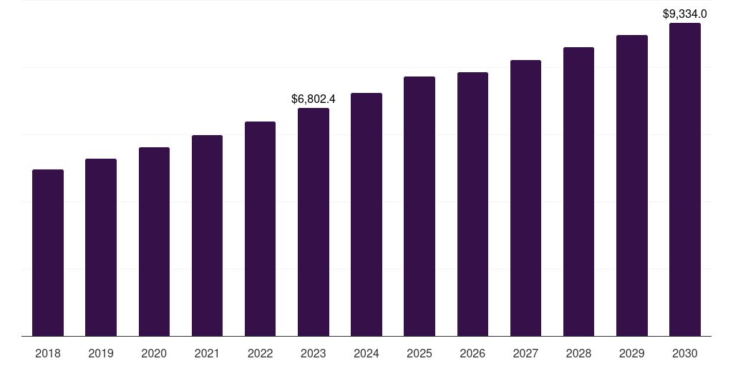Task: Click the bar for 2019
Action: [101, 247]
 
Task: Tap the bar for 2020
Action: [154, 242]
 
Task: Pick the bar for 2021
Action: [207, 235]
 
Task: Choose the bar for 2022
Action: [260, 229]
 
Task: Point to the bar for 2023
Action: [314, 222]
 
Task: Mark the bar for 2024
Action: [366, 214]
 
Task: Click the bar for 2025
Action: [419, 206]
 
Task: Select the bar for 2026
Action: [472, 204]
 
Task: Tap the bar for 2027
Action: [525, 198]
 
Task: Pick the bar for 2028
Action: [578, 192]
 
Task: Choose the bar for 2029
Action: [632, 185]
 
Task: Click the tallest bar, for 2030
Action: [685, 179]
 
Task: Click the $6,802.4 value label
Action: [314, 99]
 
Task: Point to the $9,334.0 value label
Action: [685, 14]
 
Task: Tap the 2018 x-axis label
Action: [48, 353]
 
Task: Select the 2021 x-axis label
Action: [207, 353]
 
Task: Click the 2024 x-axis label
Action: [366, 353]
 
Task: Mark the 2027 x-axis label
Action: [525, 353]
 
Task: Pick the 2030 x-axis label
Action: [685, 353]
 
